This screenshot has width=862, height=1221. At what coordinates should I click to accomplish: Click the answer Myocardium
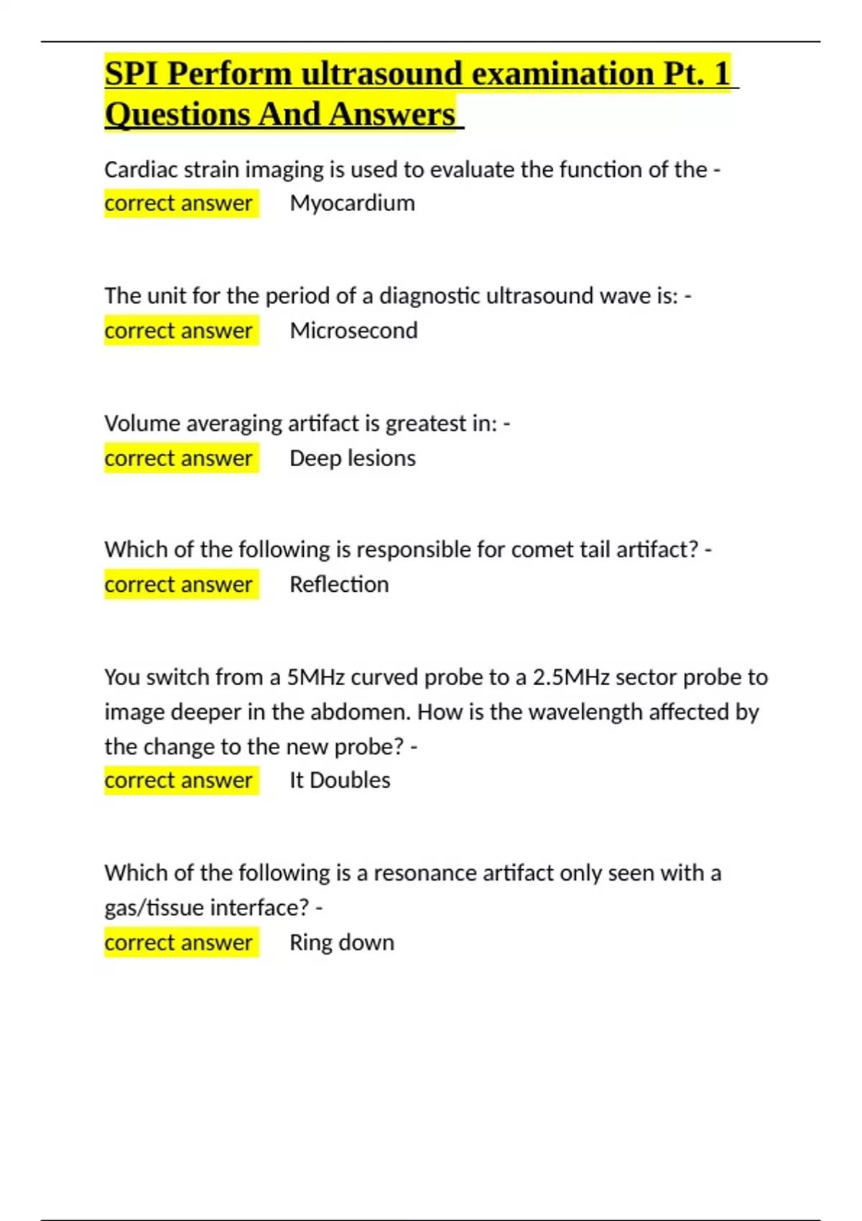coord(352,203)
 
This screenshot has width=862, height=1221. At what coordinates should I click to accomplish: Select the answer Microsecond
coord(353,330)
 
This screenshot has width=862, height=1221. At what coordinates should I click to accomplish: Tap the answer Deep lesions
coord(352,458)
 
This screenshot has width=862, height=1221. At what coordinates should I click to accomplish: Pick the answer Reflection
coord(339,585)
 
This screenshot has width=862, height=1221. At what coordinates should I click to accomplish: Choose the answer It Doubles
coord(340,780)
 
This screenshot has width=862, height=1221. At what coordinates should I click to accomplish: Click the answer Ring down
coord(342,942)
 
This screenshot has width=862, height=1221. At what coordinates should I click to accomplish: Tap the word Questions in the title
coord(177,115)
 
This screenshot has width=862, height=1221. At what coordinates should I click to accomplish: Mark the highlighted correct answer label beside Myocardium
coord(178,203)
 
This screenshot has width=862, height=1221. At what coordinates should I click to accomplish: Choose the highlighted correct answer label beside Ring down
coord(178,942)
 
